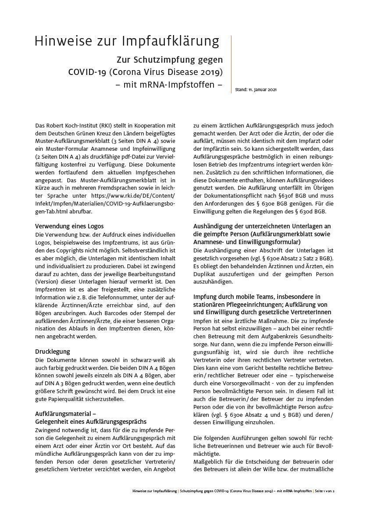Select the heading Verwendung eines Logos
pyautogui.click(x=69, y=226)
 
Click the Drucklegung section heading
pyautogui.click(x=52, y=352)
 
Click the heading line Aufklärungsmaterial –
pyautogui.click(x=65, y=413)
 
